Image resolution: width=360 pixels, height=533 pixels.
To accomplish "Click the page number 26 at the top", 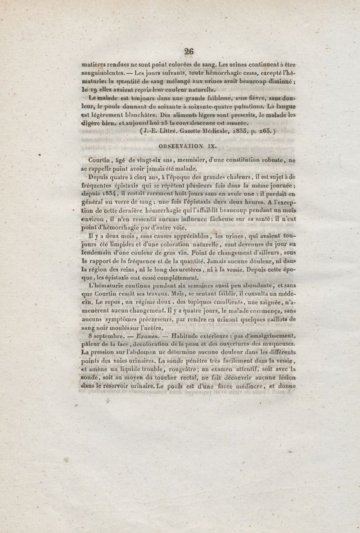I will point(188,51).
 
